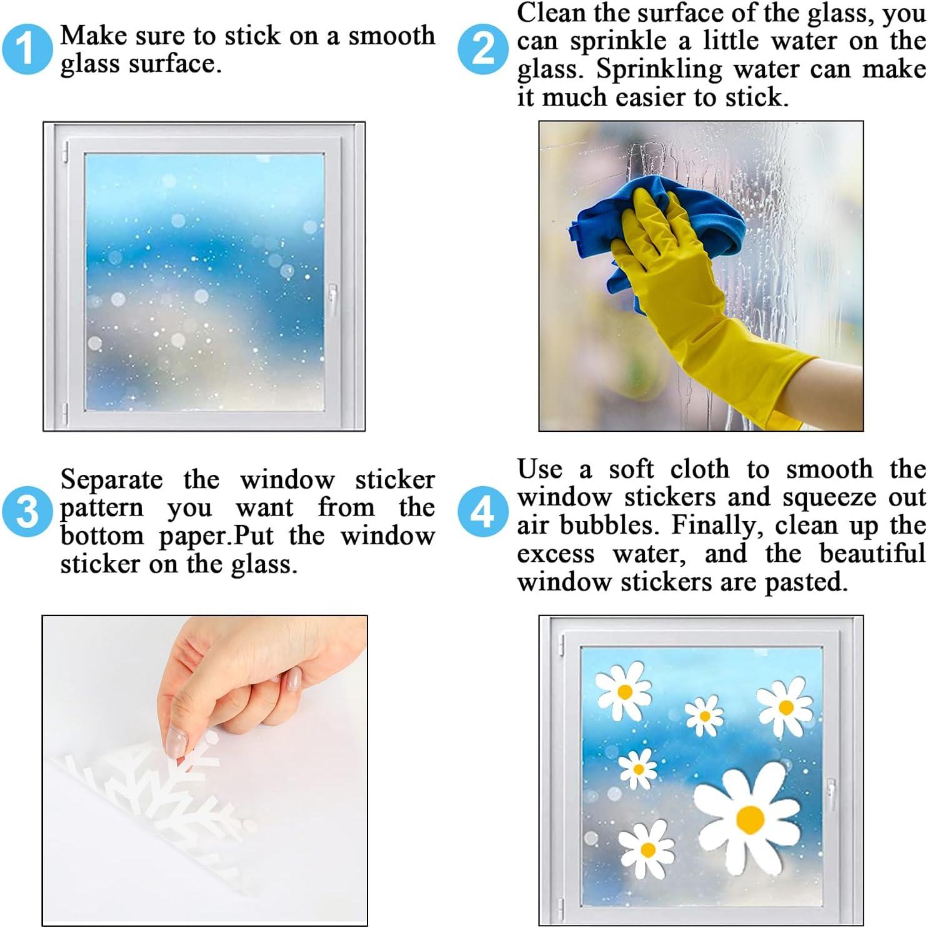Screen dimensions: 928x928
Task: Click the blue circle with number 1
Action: tap(26, 49)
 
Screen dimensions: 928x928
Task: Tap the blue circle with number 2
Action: tap(482, 49)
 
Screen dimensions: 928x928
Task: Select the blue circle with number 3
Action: tap(26, 511)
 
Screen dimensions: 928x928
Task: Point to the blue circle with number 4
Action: tap(482, 511)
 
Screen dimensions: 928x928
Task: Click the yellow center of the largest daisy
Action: tap(751, 819)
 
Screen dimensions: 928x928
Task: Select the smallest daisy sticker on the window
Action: tap(704, 716)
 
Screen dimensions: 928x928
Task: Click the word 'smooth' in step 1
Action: tap(392, 36)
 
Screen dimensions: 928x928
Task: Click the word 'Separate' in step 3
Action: tap(111, 481)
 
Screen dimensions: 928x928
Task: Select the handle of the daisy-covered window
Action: tap(831, 794)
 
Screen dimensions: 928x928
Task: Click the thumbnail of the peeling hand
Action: tap(205, 771)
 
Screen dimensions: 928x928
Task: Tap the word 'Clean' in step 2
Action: tap(542, 12)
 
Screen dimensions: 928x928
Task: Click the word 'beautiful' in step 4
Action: tap(872, 554)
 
